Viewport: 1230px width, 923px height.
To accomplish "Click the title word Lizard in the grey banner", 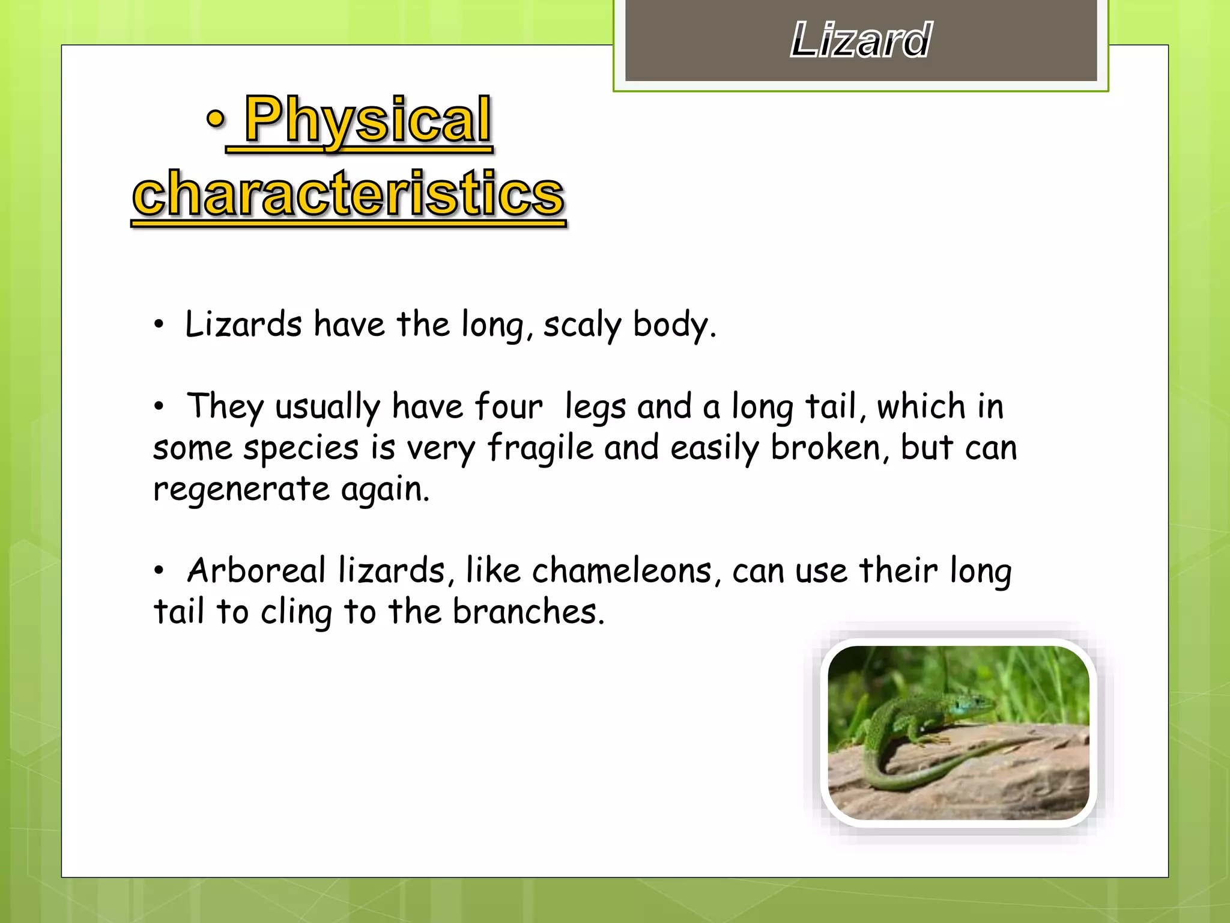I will coord(860,40).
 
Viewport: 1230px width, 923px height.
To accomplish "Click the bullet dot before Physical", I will coord(215,119).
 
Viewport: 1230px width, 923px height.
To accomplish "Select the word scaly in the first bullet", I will coord(581,325).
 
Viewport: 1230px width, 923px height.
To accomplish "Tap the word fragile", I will coord(540,448).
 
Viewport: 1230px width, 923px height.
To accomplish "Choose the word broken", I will coord(825,448).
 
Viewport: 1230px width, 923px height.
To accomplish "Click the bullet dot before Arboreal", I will coord(159,571).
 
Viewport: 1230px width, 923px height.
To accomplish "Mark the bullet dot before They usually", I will coord(159,407).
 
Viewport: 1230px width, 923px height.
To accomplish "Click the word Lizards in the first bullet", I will coord(243,325).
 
